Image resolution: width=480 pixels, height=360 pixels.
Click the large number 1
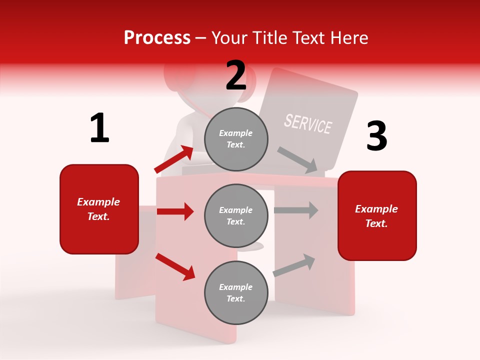coord(99,128)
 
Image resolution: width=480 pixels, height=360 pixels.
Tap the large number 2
coord(236,75)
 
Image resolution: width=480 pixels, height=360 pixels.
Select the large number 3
coord(376,136)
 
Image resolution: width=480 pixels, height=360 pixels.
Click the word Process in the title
coord(157,37)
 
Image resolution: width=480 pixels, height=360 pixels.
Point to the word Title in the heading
coord(268,37)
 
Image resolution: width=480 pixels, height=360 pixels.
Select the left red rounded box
coord(99,209)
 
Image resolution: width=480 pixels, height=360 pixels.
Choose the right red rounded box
coord(377,215)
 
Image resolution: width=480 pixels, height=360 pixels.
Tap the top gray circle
coord(236,139)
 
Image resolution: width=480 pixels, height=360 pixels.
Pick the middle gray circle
coord(236,215)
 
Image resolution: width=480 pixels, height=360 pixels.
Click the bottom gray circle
coord(236,292)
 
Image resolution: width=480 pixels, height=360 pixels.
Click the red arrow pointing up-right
coord(174,159)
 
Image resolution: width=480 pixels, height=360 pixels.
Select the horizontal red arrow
coord(175,211)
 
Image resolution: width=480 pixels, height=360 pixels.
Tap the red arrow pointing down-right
coord(175,266)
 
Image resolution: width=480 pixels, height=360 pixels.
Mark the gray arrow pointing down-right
coord(298,159)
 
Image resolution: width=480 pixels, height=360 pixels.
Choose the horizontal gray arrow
coord(296,210)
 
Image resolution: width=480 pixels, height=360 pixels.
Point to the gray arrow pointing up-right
coord(294,265)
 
